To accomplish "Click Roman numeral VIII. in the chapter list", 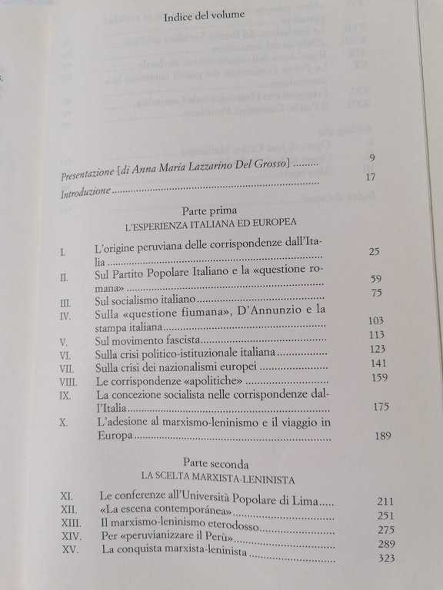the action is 72,379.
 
